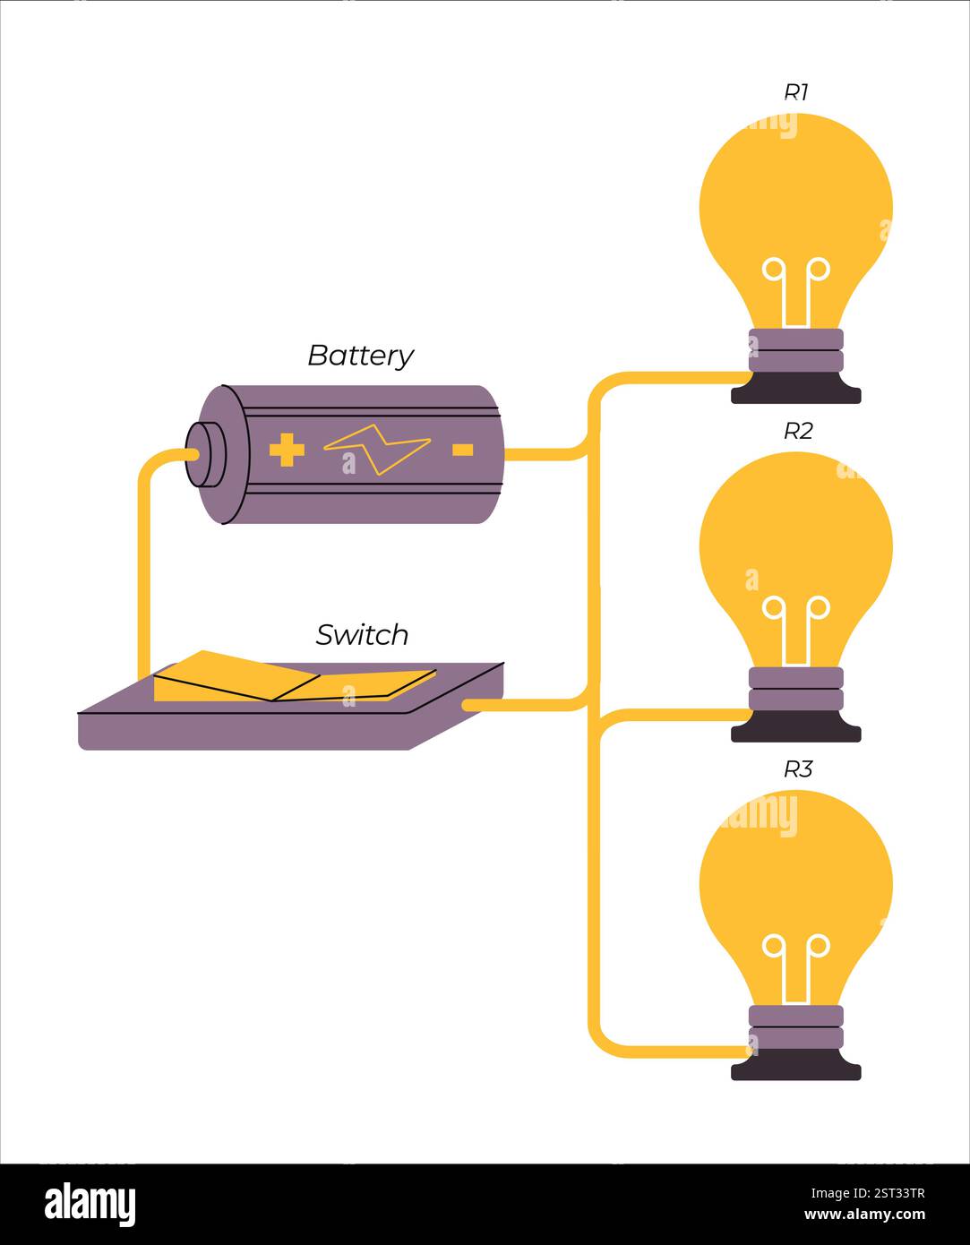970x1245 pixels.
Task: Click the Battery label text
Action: (x=360, y=356)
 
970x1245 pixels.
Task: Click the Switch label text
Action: (x=362, y=635)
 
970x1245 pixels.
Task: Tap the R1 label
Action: (x=796, y=92)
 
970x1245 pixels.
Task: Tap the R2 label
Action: (x=797, y=431)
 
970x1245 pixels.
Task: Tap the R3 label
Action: (x=797, y=769)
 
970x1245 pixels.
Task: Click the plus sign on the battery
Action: (x=287, y=450)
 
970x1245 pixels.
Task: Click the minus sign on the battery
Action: (x=462, y=450)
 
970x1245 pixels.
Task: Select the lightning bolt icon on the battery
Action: (x=377, y=449)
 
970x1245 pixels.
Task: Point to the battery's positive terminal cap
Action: (x=204, y=454)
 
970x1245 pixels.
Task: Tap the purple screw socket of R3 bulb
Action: (x=795, y=1026)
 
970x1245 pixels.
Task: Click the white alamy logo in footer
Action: (x=90, y=1205)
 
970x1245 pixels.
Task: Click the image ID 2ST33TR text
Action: (x=868, y=1193)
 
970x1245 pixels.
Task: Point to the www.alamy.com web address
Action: (x=864, y=1215)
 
